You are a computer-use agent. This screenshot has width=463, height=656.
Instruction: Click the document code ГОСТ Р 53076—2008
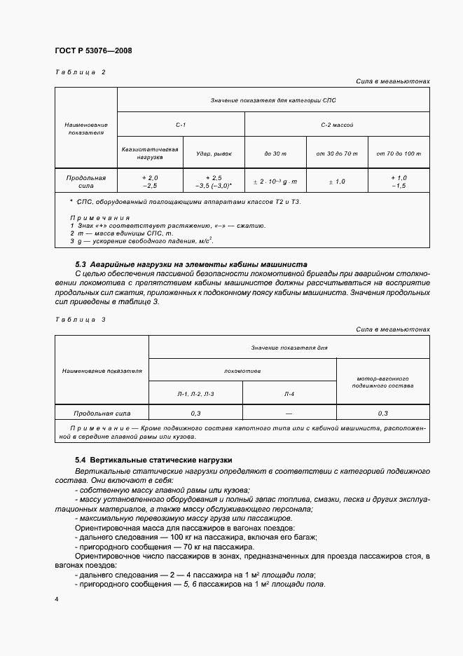point(92,51)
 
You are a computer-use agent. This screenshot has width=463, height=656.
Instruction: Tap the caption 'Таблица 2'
point(80,73)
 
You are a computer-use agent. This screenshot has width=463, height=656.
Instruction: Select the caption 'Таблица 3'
point(80,319)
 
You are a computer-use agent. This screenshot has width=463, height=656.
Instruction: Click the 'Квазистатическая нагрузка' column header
point(150,153)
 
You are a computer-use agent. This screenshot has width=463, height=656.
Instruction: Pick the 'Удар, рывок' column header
point(213,153)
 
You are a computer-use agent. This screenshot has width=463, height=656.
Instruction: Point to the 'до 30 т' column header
point(275,153)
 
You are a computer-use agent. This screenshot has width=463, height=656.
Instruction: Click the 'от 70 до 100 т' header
point(399,153)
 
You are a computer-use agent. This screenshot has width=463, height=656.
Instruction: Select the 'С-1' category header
point(181,125)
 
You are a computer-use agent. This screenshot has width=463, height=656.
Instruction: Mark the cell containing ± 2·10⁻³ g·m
point(275,182)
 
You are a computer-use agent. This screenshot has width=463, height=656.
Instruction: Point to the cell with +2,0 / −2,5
point(150,182)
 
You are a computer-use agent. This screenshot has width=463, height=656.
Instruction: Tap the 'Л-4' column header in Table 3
point(289,395)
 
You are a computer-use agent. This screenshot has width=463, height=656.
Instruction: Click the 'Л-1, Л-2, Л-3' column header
point(195,395)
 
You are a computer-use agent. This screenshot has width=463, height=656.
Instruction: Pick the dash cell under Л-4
point(289,414)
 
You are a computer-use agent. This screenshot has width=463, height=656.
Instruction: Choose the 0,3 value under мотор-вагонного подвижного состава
point(383,414)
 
